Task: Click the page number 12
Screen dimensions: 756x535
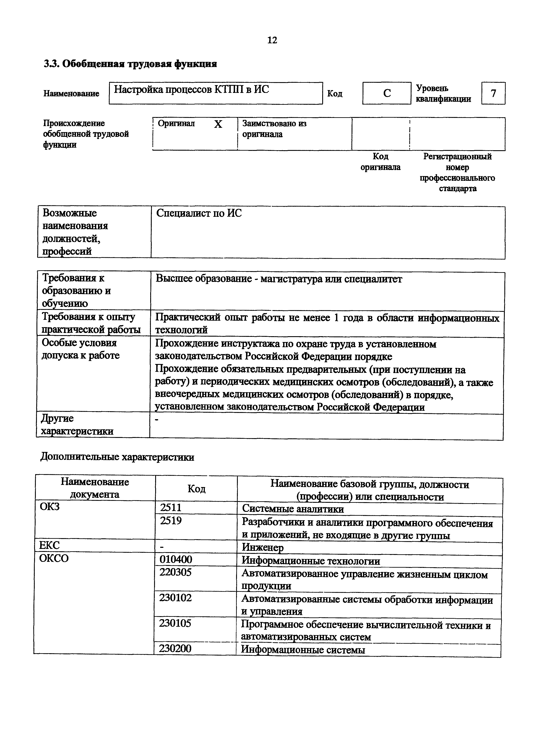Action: coord(272,40)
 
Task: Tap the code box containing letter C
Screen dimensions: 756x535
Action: coord(387,93)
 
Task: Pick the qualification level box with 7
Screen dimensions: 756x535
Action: coord(493,93)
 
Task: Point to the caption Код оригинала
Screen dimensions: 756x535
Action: coord(380,162)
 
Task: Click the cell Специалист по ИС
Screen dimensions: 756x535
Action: coord(199,213)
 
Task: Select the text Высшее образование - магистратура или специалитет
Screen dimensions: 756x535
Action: coord(279,279)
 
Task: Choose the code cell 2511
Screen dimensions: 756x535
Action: coord(171,507)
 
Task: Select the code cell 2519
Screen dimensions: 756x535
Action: coord(171,521)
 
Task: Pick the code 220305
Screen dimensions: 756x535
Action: coord(175,572)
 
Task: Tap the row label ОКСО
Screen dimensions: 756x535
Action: coord(54,558)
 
